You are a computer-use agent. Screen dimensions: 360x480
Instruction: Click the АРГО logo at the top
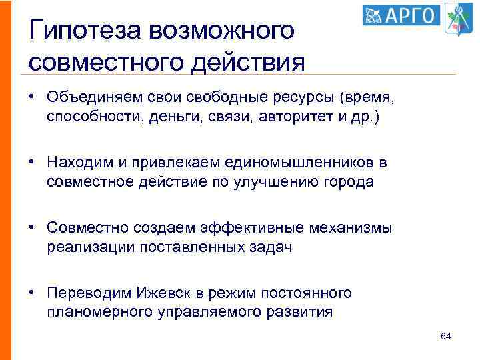point(401,15)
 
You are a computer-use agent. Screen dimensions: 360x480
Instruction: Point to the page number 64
point(446,336)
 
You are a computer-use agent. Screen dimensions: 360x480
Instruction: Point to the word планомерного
point(93,313)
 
